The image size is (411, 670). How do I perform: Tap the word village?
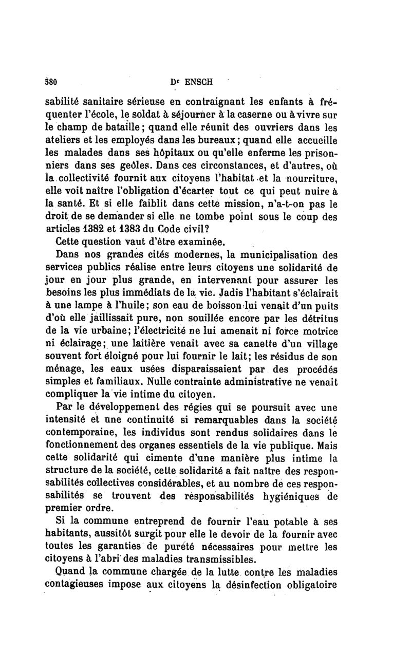pyautogui.click(x=317, y=343)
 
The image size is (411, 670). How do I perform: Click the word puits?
pyautogui.click(x=324, y=306)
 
